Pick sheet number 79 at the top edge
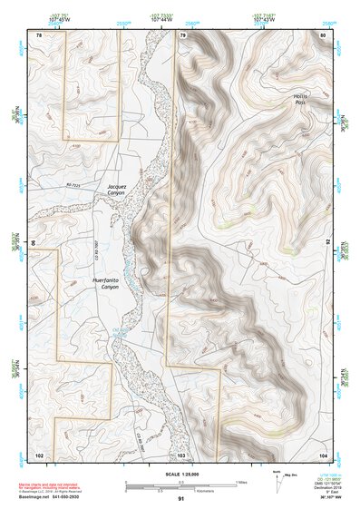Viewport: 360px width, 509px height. (182, 34)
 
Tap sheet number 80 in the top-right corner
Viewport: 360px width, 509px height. (323, 34)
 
